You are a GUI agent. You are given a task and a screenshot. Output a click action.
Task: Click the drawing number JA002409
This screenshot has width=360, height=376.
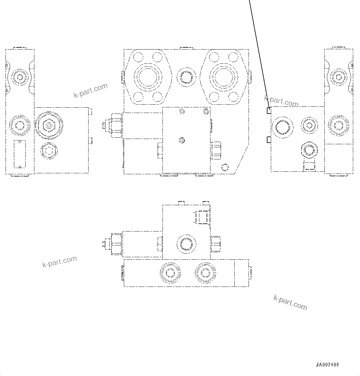[x=327, y=365]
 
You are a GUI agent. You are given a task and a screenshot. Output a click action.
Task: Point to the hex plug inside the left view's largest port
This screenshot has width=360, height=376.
[x=49, y=125]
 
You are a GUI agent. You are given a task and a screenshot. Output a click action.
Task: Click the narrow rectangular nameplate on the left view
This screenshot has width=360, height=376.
[x=20, y=153]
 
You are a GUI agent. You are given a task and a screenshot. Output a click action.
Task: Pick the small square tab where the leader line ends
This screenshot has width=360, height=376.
[x=269, y=110]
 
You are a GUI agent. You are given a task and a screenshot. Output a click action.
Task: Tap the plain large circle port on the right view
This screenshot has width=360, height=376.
[x=282, y=127]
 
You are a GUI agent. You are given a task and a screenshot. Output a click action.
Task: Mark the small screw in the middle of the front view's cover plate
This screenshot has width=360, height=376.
[x=182, y=141]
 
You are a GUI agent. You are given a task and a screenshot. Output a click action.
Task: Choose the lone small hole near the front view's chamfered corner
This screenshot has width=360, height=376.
[x=225, y=168]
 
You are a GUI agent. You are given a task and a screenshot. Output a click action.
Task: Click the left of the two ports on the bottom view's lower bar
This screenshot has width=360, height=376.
[x=170, y=273]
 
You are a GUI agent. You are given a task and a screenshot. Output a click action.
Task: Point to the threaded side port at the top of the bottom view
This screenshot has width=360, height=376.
[x=202, y=216]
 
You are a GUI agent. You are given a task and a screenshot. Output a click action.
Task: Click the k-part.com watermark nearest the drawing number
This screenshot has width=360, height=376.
[x=290, y=302]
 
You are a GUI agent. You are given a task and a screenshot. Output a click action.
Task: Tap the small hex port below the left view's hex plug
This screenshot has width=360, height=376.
[x=49, y=151]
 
